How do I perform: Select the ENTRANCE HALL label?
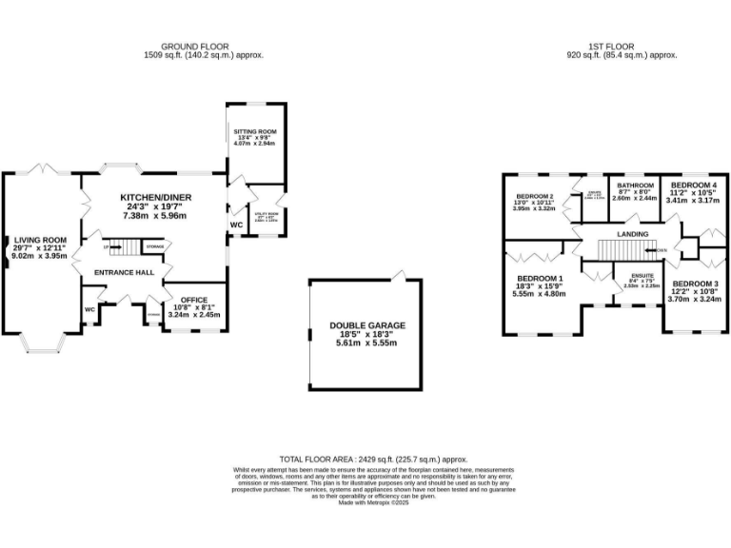pyautogui.click(x=118, y=272)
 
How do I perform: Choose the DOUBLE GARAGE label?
pyautogui.click(x=367, y=325)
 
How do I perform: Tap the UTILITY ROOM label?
pyautogui.click(x=266, y=214)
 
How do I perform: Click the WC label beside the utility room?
pyautogui.click(x=236, y=225)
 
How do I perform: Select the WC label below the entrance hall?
pyautogui.click(x=89, y=309)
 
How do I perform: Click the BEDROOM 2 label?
pyautogui.click(x=534, y=195)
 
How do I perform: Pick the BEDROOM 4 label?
pyautogui.click(x=691, y=185)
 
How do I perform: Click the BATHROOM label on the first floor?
pyautogui.click(x=635, y=185)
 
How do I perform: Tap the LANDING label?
pyautogui.click(x=632, y=234)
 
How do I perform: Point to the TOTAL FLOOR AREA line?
pyautogui.click(x=374, y=459)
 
